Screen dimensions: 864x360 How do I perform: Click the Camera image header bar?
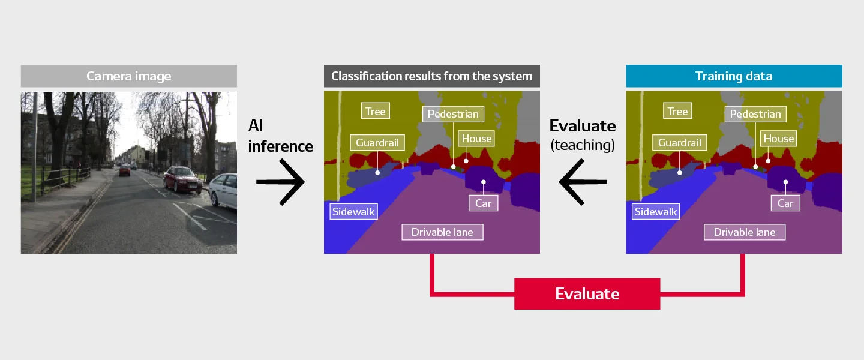(x=129, y=76)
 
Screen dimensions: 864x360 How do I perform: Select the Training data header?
(x=734, y=76)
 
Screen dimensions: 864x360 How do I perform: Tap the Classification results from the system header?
(x=432, y=76)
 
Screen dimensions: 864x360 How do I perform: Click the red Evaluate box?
(x=587, y=293)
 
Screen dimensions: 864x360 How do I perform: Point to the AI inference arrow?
(x=280, y=182)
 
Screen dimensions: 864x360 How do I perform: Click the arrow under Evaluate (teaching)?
(x=583, y=182)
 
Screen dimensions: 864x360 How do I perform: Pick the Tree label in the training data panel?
(x=678, y=111)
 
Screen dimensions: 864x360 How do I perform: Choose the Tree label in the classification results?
(x=376, y=111)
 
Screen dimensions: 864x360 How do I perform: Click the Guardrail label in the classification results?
(x=377, y=142)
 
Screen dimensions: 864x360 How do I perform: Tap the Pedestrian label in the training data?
(x=755, y=114)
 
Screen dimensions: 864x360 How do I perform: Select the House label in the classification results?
(x=476, y=139)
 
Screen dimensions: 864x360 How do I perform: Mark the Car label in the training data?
(x=785, y=203)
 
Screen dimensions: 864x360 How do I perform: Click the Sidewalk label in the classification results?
(x=353, y=211)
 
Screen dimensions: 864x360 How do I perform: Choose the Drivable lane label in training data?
(x=745, y=232)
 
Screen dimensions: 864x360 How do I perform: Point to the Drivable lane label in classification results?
(x=442, y=232)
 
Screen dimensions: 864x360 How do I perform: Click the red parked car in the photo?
(x=182, y=179)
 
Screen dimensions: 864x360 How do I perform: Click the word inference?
(x=280, y=146)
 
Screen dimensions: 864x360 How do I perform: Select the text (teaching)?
(x=583, y=145)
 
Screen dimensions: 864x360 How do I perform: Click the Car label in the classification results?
(x=484, y=203)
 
